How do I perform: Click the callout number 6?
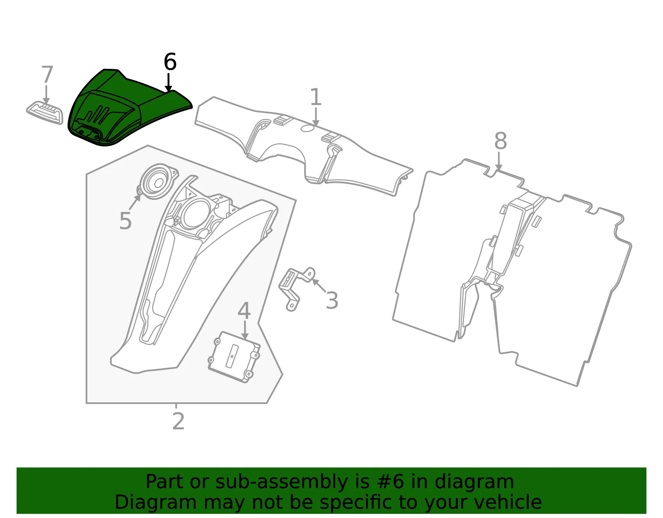click(x=170, y=61)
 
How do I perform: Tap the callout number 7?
click(x=47, y=74)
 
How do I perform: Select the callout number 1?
click(x=316, y=97)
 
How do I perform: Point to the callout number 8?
click(x=501, y=141)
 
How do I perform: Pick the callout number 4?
click(x=244, y=311)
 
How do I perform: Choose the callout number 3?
click(x=332, y=300)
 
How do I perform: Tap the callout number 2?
click(x=179, y=421)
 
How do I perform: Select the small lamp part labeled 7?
click(x=45, y=113)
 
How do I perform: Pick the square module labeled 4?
click(x=234, y=357)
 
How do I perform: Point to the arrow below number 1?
click(x=316, y=117)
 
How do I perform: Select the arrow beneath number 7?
click(x=46, y=94)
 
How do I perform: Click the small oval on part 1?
click(x=307, y=128)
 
